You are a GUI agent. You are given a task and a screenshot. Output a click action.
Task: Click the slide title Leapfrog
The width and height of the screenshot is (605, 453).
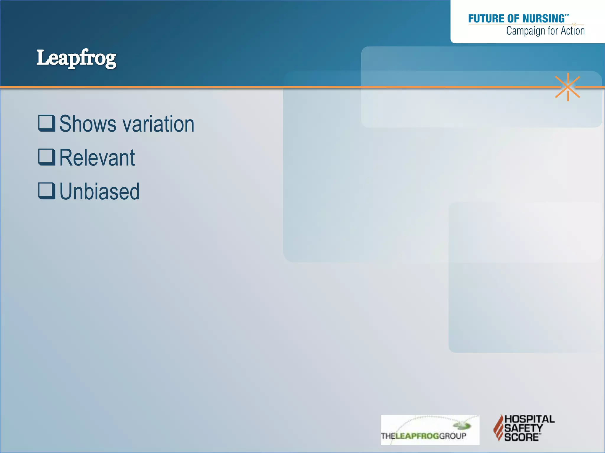(x=76, y=58)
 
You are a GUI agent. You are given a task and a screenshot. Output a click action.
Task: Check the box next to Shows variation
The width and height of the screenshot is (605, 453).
(x=47, y=123)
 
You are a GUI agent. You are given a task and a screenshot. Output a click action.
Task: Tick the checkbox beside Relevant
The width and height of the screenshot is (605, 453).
(x=47, y=157)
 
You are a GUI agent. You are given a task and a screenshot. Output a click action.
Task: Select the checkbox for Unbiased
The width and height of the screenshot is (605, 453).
(x=47, y=191)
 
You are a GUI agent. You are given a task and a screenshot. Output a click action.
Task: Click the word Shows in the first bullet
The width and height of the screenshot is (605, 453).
(x=88, y=124)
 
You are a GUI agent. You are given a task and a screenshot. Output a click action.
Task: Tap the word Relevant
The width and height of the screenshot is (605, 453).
(x=97, y=158)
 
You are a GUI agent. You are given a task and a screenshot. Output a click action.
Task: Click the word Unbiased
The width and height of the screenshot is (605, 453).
(x=100, y=192)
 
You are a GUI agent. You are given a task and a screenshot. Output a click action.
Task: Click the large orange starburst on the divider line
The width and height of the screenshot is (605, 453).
(x=567, y=87)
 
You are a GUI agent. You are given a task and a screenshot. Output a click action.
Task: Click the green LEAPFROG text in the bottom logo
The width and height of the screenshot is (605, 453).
(x=417, y=436)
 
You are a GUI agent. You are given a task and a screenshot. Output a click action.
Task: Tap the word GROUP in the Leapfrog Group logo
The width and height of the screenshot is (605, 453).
(x=453, y=436)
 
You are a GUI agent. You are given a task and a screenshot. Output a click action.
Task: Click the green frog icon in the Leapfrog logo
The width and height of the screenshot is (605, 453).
(x=462, y=425)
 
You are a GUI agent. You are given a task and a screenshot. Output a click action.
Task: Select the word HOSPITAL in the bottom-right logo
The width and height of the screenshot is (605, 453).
(x=529, y=419)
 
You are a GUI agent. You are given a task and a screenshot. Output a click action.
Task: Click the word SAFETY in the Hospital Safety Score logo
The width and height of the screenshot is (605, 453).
(x=523, y=428)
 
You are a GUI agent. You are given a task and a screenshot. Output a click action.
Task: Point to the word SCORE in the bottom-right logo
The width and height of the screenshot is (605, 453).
(x=522, y=437)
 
